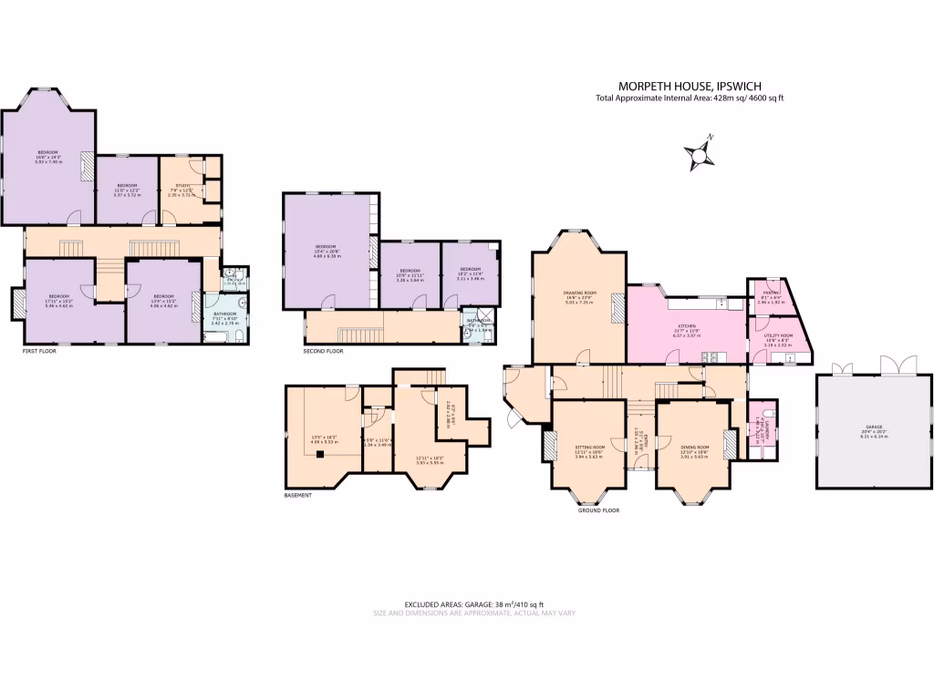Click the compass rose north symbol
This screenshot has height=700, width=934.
point(700,154)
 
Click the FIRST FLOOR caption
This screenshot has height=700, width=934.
point(39,350)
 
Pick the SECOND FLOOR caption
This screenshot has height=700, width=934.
point(323,351)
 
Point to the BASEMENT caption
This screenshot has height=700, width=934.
point(297,495)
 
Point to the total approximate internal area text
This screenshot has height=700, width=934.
point(689,98)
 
